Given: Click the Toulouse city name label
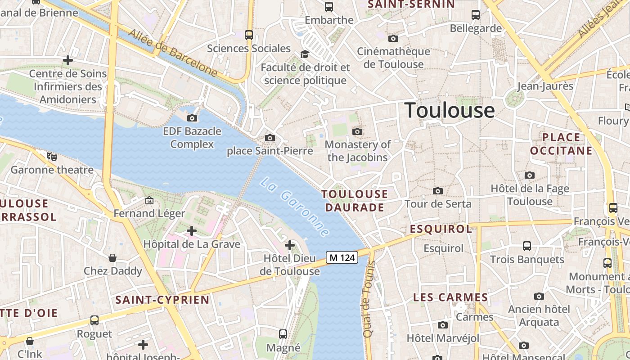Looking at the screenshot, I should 450,110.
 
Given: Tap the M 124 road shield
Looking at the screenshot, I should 342,257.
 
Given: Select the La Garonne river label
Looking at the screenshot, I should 295,207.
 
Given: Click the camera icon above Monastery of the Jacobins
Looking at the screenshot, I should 357,131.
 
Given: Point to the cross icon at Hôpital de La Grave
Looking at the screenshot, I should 192,231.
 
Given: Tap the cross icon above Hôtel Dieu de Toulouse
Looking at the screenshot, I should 290,245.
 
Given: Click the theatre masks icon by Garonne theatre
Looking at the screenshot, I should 52,157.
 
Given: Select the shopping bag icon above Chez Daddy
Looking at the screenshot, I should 112,258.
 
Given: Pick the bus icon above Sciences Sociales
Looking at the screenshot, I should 248,35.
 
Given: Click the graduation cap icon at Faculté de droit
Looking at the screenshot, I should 305,54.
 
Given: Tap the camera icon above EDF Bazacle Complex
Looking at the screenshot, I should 192,118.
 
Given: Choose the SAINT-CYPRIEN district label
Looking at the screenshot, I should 162,300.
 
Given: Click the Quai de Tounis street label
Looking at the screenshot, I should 369,299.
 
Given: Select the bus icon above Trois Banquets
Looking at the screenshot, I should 527,246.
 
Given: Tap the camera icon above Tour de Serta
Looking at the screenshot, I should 437,191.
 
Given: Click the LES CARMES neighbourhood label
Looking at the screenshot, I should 450,297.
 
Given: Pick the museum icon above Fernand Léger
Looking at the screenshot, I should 149,200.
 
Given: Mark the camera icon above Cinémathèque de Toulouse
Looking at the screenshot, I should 393,39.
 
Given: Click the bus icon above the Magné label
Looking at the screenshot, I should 283,334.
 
